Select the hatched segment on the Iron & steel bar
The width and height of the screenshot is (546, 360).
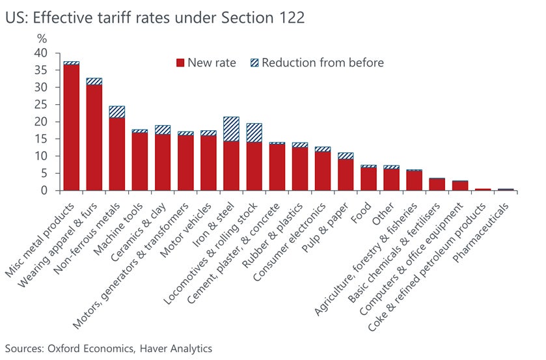[231, 129]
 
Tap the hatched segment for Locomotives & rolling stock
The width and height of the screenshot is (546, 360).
[254, 133]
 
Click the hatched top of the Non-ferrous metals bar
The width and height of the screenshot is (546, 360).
[116, 112]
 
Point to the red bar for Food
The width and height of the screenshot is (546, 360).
[368, 179]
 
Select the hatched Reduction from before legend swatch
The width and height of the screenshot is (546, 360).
[254, 63]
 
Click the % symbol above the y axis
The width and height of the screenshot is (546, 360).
[42, 39]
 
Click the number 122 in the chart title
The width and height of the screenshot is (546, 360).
[290, 18]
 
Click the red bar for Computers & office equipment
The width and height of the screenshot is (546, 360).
[460, 186]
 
